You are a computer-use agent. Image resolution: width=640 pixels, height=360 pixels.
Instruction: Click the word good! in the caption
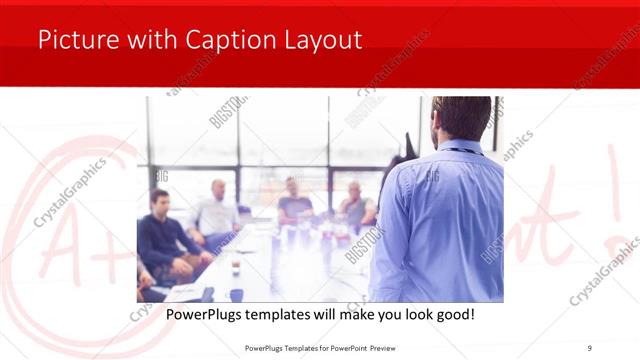pyautogui.click(x=452, y=314)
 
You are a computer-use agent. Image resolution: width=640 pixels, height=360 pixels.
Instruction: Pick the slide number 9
pyautogui.click(x=589, y=347)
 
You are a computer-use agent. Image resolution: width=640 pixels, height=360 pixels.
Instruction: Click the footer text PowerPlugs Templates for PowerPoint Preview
pyautogui.click(x=319, y=347)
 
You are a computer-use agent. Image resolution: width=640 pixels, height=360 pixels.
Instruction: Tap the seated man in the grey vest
pyautogui.click(x=356, y=204)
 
